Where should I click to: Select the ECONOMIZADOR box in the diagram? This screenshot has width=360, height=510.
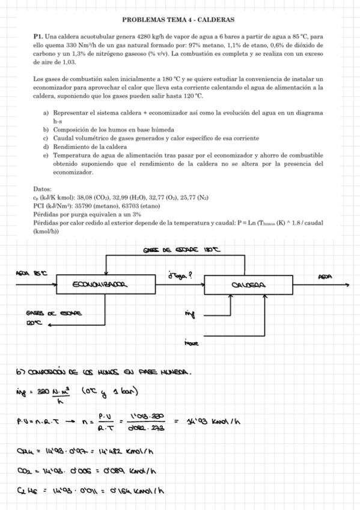click(x=100, y=285)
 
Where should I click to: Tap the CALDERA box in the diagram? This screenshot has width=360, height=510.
click(x=249, y=285)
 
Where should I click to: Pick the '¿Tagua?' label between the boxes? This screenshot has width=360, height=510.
click(x=181, y=275)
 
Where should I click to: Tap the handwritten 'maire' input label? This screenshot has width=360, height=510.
click(x=191, y=343)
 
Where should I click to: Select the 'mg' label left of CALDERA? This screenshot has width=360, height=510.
click(x=191, y=313)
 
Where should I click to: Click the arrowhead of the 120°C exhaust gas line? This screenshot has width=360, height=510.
click(x=50, y=325)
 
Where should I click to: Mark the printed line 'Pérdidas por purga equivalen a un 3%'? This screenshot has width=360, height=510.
click(x=87, y=214)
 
